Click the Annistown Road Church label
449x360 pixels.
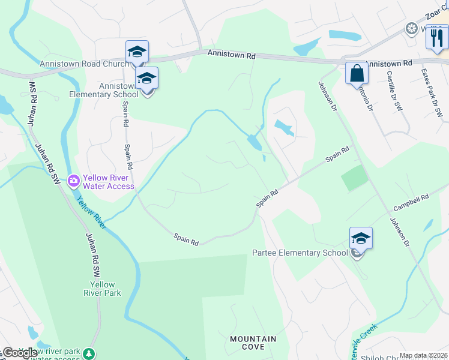click(x=84, y=64)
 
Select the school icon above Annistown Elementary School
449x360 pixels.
click(x=146, y=79)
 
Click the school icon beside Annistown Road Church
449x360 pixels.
click(x=137, y=52)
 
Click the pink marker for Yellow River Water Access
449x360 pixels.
click(x=74, y=180)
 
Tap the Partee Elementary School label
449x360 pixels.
click(x=300, y=253)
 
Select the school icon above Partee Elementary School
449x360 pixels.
click(x=361, y=239)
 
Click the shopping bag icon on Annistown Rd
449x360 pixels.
click(x=357, y=73)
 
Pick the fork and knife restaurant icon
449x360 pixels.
click(x=438, y=38)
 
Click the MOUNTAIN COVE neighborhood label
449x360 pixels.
click(x=253, y=343)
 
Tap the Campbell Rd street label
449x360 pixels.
click(x=411, y=202)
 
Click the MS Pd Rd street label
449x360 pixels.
click(x=32, y=100)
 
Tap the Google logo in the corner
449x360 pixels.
click(x=19, y=353)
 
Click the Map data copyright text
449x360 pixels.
click(x=423, y=355)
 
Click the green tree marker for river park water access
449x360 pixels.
click(x=89, y=354)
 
